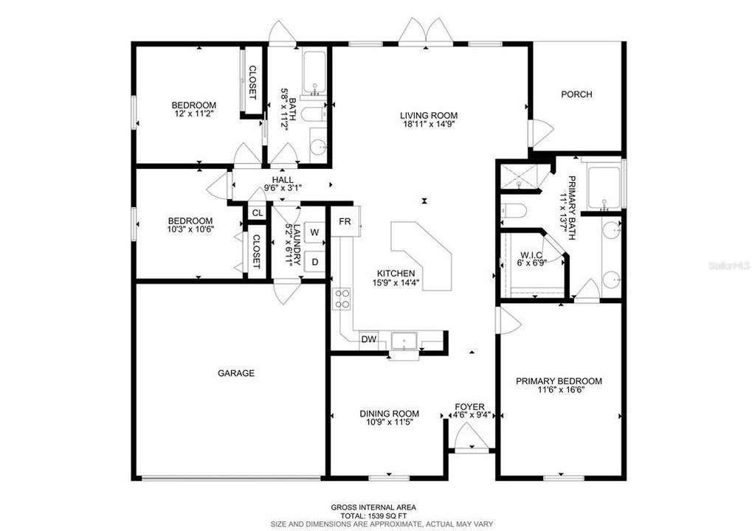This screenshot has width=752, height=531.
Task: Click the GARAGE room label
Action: [235, 373]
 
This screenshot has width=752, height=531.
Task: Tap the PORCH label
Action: [576, 94]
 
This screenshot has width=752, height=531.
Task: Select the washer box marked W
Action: [314, 233]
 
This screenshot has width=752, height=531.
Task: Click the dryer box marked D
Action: [314, 261]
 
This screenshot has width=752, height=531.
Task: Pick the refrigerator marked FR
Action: [345, 221]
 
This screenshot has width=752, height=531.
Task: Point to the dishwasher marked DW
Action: [368, 340]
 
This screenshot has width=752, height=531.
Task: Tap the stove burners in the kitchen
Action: [342, 299]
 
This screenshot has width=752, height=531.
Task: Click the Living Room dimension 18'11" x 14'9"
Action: [429, 126]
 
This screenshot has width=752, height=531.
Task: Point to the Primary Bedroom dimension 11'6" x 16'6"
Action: [559, 391]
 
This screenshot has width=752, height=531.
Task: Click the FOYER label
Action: [469, 407]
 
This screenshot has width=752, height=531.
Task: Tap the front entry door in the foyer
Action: [470, 440]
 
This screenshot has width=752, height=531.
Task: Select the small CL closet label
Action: [257, 213]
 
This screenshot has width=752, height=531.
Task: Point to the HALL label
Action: [282, 179]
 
